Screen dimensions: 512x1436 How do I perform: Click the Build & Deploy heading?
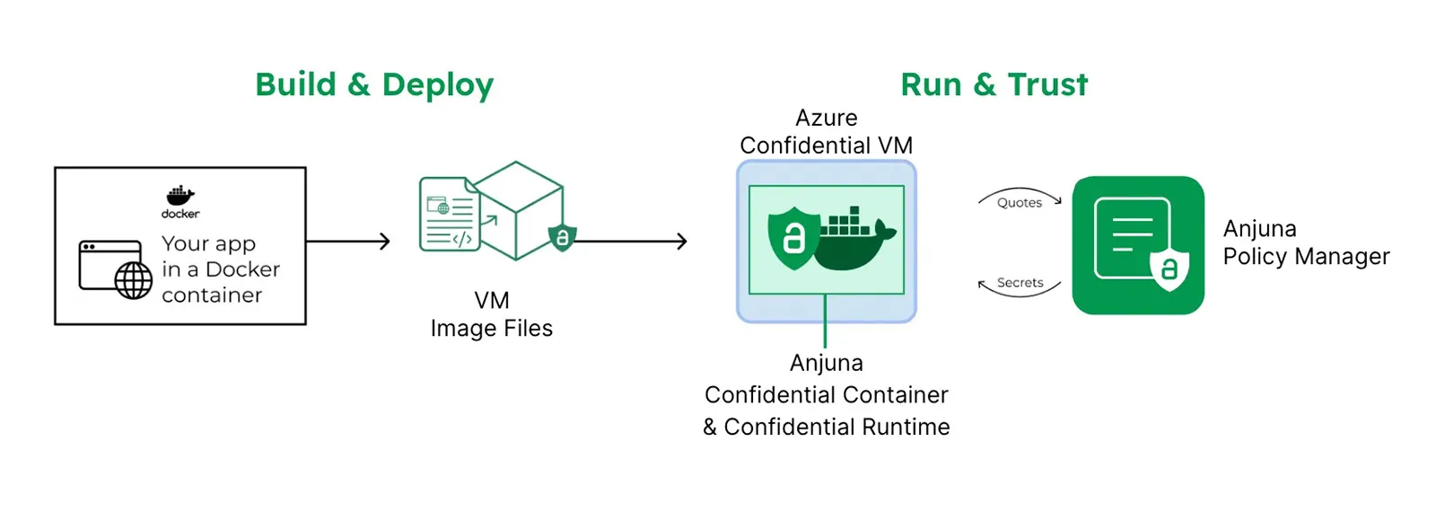click(374, 85)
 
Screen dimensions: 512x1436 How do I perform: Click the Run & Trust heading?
click(994, 85)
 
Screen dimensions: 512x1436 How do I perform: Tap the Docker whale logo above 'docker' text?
click(180, 195)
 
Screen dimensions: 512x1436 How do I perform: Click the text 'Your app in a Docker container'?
click(220, 269)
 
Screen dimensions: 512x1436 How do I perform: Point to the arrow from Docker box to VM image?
click(348, 241)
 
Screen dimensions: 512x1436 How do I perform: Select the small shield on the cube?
click(562, 237)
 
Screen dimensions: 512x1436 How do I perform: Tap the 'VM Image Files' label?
click(491, 314)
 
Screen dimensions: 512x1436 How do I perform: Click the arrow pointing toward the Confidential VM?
click(633, 241)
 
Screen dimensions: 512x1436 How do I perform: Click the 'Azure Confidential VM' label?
click(826, 132)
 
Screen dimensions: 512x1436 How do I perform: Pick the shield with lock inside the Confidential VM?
click(793, 237)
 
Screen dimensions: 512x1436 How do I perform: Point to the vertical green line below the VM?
click(825, 321)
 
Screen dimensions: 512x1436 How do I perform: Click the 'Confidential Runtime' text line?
click(826, 427)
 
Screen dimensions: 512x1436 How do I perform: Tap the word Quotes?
click(1020, 203)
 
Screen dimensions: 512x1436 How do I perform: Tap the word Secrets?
click(1020, 282)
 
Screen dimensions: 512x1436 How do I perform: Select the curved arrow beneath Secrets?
click(1020, 293)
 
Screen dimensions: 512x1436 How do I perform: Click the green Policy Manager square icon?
click(1138, 245)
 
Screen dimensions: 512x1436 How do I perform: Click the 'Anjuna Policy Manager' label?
click(1305, 243)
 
